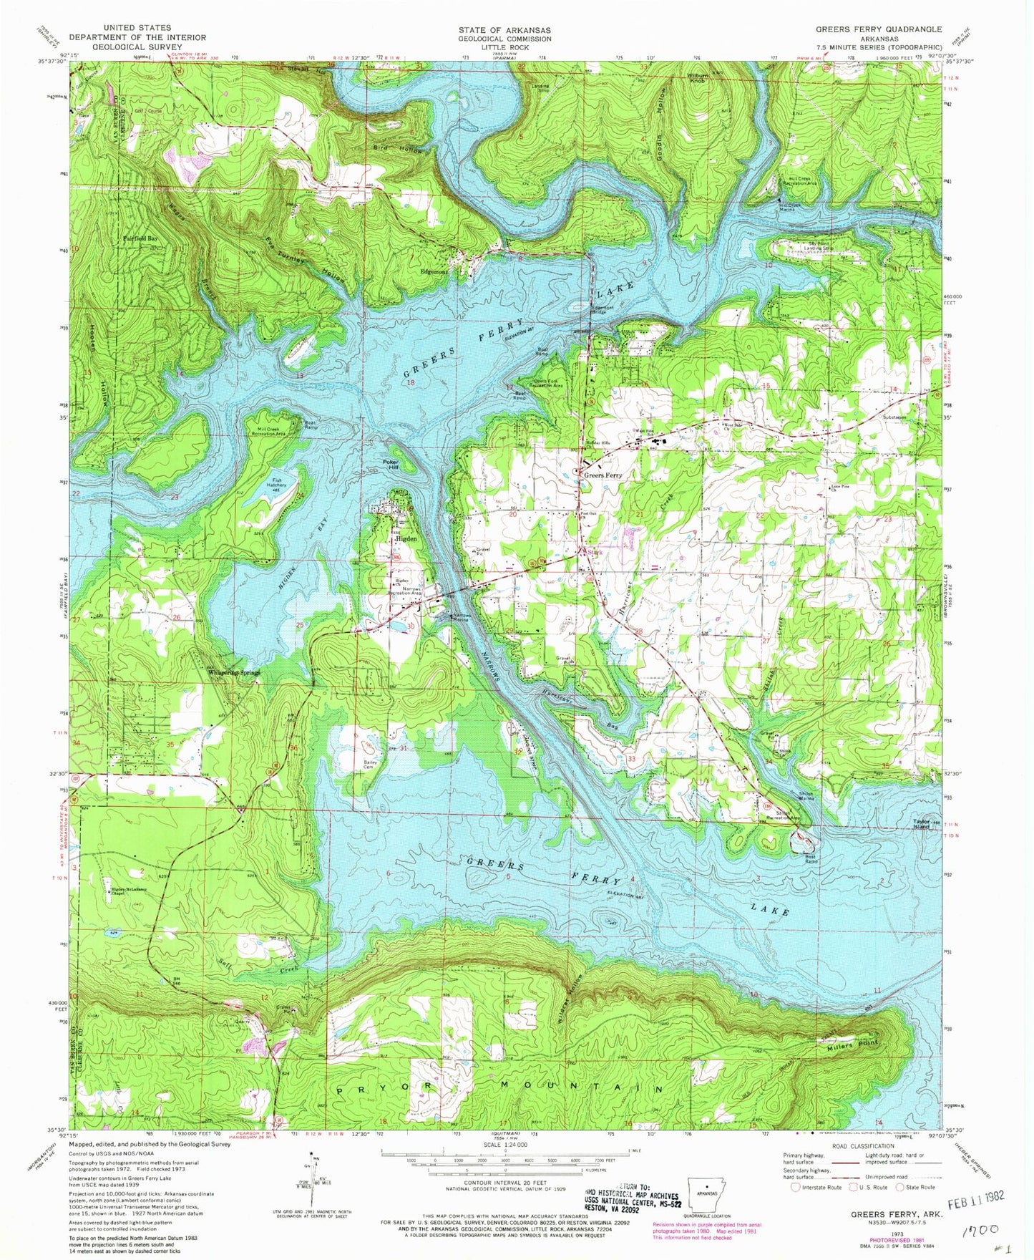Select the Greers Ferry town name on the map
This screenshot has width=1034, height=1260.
click(603, 475)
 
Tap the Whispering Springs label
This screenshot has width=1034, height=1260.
click(229, 673)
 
